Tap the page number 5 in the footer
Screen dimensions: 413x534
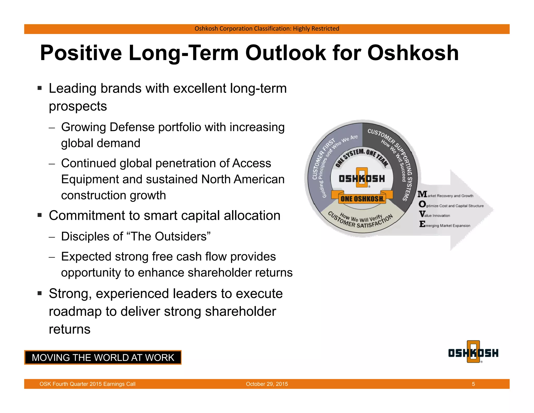click(473, 384)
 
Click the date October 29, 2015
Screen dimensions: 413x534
click(267, 384)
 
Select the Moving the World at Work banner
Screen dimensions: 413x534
click(103, 357)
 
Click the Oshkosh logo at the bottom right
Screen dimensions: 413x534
click(473, 352)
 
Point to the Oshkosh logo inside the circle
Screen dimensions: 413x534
click(362, 178)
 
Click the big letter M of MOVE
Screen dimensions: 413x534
click(422, 194)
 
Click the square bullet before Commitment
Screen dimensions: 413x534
click(40, 216)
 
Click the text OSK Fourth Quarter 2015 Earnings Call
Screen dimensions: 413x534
click(87, 384)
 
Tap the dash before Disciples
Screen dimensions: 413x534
click(52, 237)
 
